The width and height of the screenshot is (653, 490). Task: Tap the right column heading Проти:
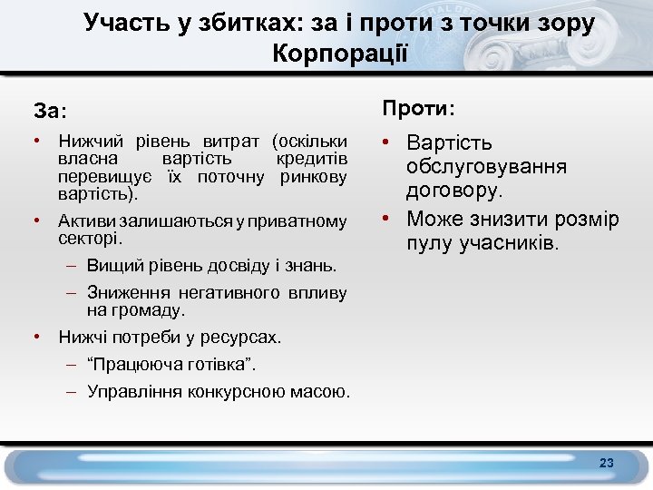click(419, 109)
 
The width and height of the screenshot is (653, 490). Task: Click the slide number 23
click(607, 464)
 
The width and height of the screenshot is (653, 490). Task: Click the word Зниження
click(122, 292)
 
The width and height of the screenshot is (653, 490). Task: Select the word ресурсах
click(241, 337)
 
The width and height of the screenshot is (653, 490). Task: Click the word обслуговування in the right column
click(487, 167)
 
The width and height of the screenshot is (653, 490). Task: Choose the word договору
click(453, 191)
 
